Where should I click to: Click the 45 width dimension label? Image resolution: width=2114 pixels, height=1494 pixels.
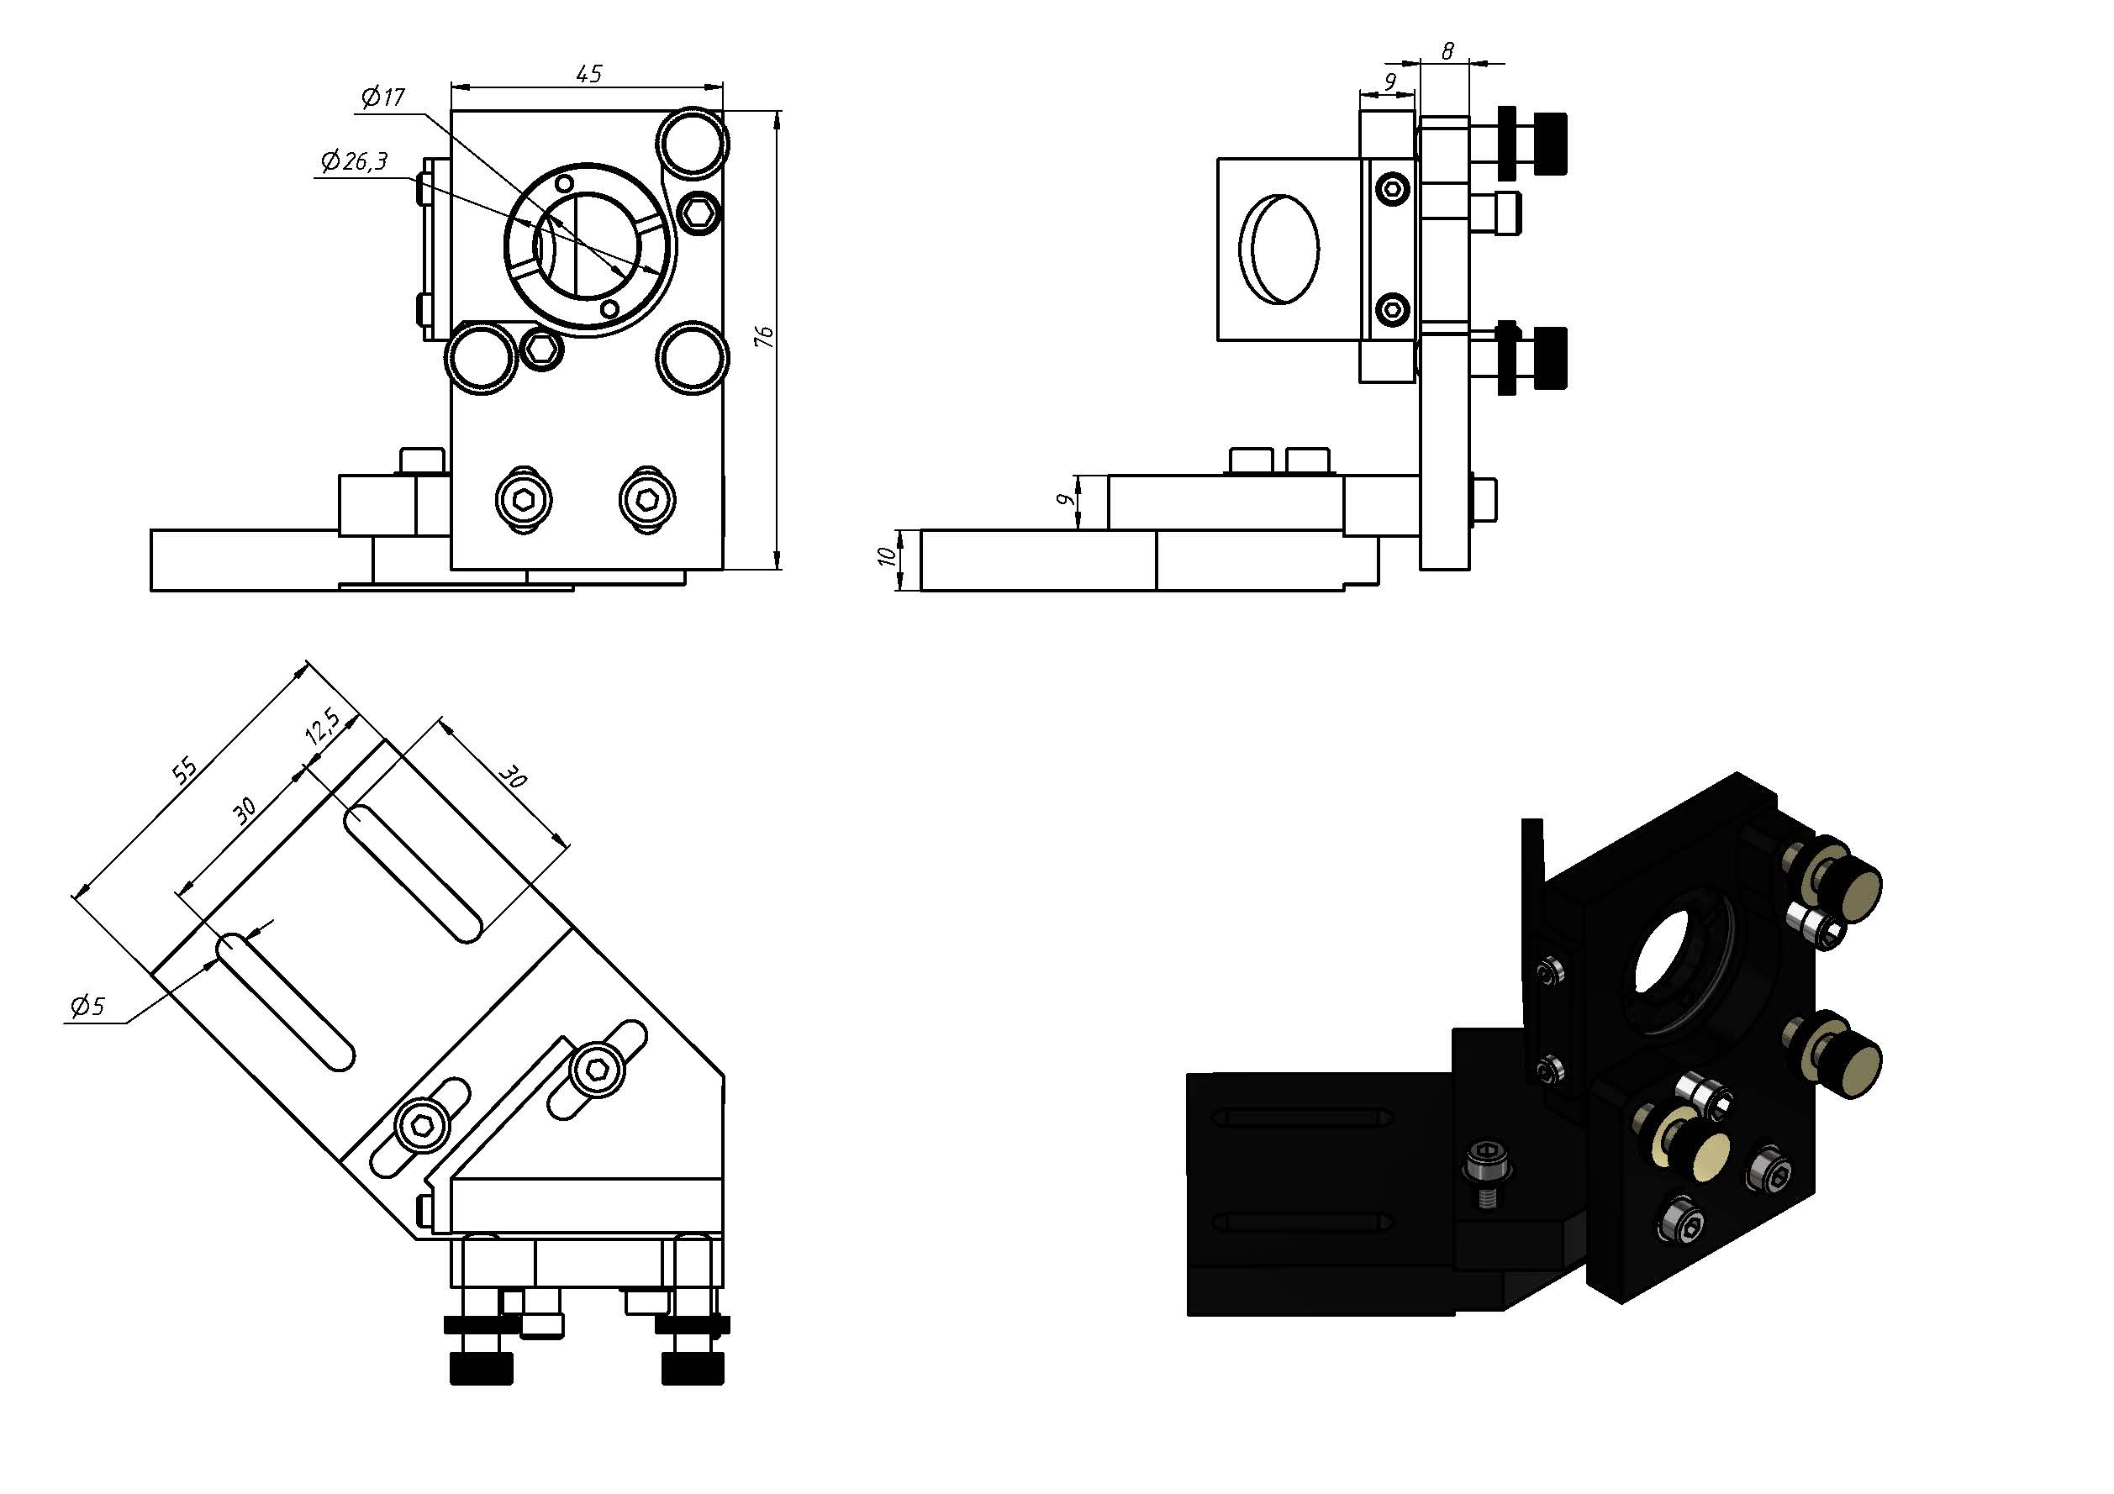pos(588,73)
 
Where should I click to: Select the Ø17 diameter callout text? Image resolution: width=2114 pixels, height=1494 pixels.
pos(383,97)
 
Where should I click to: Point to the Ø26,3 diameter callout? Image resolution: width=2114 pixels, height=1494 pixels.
pos(354,161)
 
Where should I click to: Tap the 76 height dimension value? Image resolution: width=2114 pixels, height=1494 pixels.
pos(763,337)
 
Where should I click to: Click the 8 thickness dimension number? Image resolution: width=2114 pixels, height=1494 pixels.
pos(1447,51)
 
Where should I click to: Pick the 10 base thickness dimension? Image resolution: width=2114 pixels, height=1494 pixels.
pos(886,556)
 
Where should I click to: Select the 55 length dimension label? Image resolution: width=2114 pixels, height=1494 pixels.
pos(185,770)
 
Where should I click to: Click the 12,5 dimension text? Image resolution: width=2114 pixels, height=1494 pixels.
pos(322,726)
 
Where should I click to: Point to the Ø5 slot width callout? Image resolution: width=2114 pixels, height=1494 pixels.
pos(88,1006)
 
